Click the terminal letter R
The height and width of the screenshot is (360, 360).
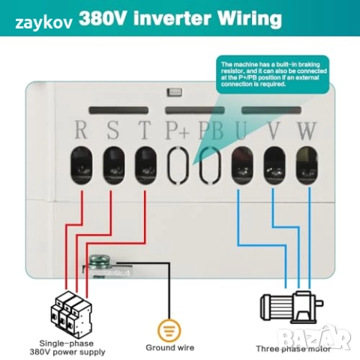(80, 130)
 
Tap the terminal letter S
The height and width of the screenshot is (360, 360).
(113, 130)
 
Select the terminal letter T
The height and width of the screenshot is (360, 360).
(145, 130)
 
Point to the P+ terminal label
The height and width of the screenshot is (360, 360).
(177, 130)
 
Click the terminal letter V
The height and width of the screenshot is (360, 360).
(274, 130)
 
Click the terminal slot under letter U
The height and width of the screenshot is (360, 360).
(241, 164)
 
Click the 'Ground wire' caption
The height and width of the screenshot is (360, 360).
(170, 348)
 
